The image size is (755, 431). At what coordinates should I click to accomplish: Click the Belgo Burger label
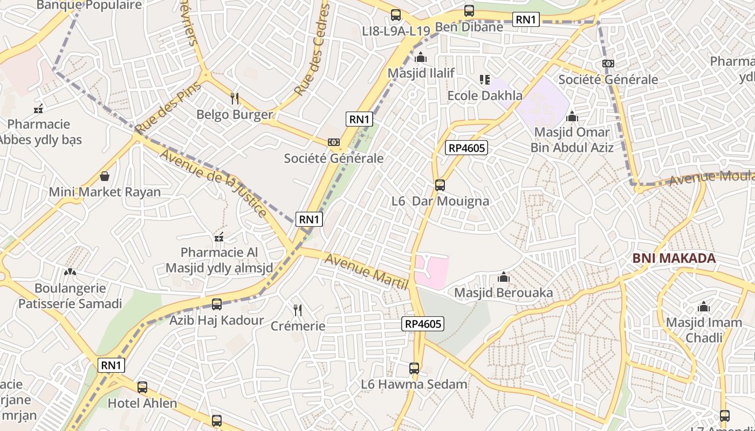click(x=235, y=115)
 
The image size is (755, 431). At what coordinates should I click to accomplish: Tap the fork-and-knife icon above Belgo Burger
click(x=235, y=98)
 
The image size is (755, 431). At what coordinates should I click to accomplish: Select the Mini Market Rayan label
click(x=105, y=192)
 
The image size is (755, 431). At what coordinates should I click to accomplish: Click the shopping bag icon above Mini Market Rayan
click(x=105, y=176)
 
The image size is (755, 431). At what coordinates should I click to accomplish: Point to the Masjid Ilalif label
click(x=421, y=73)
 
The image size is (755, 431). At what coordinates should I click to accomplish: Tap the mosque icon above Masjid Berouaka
click(x=504, y=277)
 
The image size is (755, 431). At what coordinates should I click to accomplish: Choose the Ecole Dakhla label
click(x=485, y=96)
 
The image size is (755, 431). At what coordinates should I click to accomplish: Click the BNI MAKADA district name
click(x=674, y=259)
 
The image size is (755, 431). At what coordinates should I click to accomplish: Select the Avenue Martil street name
click(x=366, y=272)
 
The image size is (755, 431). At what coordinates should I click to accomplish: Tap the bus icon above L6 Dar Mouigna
click(x=440, y=185)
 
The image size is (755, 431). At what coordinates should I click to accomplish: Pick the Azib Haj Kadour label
click(x=217, y=321)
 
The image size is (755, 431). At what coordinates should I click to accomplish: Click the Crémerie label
click(x=298, y=326)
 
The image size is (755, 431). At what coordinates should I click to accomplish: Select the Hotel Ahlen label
click(x=142, y=404)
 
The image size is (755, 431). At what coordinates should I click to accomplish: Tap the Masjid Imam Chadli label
click(x=704, y=330)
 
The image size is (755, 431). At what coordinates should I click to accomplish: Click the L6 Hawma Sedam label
click(x=414, y=385)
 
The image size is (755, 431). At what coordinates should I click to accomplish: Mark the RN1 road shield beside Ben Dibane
click(x=525, y=20)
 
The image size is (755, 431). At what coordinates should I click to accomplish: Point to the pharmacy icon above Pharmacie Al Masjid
click(x=219, y=237)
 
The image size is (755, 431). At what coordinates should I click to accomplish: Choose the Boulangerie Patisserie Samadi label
click(x=70, y=296)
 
